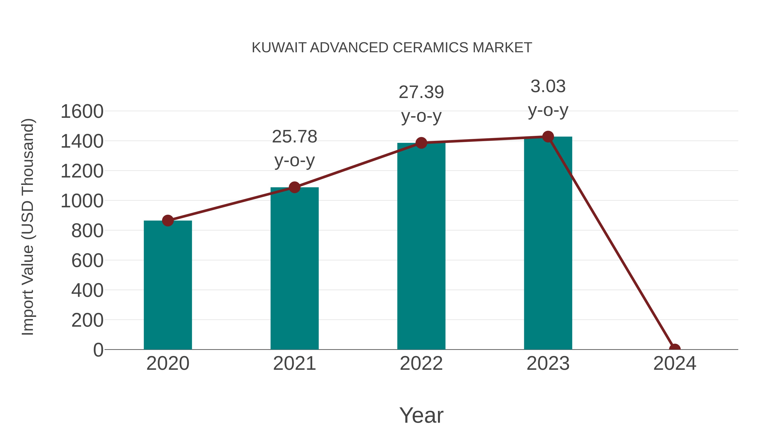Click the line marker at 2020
tap(168, 221)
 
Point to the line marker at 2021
tap(294, 188)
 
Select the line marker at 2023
tap(548, 137)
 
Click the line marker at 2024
tap(675, 349)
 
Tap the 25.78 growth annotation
tap(294, 148)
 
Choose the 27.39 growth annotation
tap(421, 104)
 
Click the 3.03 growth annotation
tap(548, 98)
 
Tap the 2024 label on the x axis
tap(675, 363)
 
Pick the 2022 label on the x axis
tap(421, 363)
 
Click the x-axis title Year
tap(421, 415)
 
